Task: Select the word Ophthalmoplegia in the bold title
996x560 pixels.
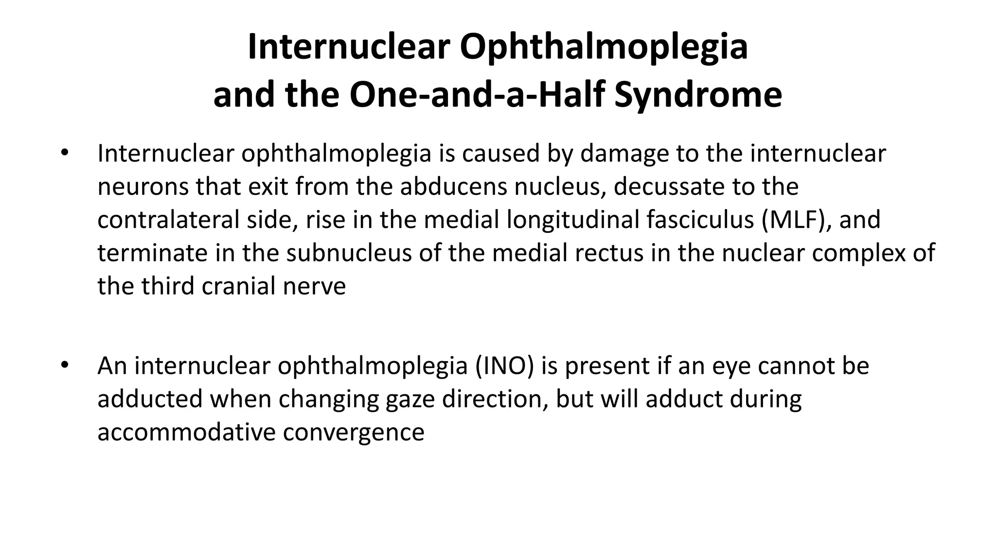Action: coord(604,47)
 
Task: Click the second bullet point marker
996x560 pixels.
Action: coord(65,366)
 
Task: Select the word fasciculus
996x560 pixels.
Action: coord(700,220)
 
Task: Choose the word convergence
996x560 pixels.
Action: coord(354,432)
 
